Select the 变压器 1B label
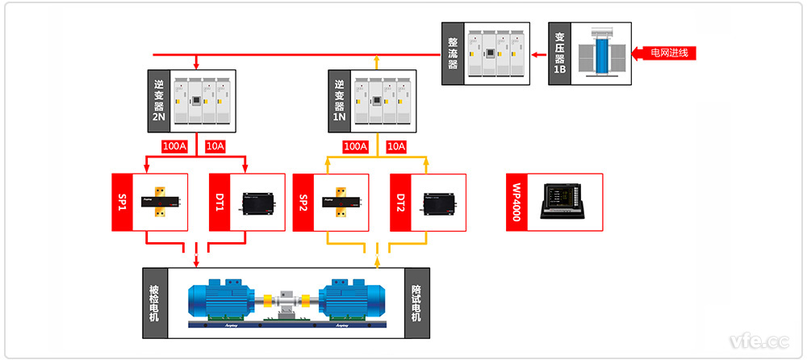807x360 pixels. pos(559,52)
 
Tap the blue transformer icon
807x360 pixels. pos(602,53)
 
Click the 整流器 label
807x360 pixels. pos(453,52)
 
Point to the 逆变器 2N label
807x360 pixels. pos(158,101)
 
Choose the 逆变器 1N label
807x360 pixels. pos(339,101)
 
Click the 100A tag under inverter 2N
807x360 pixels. pos(175,147)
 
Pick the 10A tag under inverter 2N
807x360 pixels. pos(215,147)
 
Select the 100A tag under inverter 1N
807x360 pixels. pos(356,147)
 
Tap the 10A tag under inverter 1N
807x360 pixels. pos(396,147)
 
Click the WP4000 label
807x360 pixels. pos(516,203)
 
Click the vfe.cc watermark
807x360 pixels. pos(759,340)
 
